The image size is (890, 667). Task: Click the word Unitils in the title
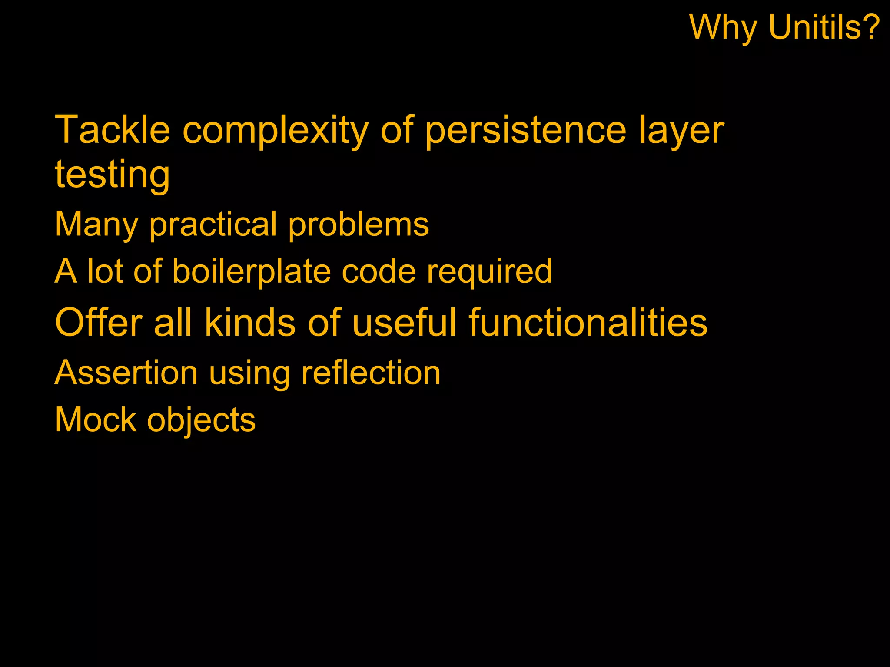click(x=824, y=27)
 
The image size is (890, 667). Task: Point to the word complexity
click(x=276, y=130)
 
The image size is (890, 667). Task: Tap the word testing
click(x=112, y=175)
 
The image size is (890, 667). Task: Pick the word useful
click(x=405, y=322)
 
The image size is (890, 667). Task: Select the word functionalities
click(x=588, y=322)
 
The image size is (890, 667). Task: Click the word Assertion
click(x=126, y=373)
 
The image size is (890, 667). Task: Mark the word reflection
click(x=371, y=373)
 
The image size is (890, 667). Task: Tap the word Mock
click(x=96, y=419)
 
